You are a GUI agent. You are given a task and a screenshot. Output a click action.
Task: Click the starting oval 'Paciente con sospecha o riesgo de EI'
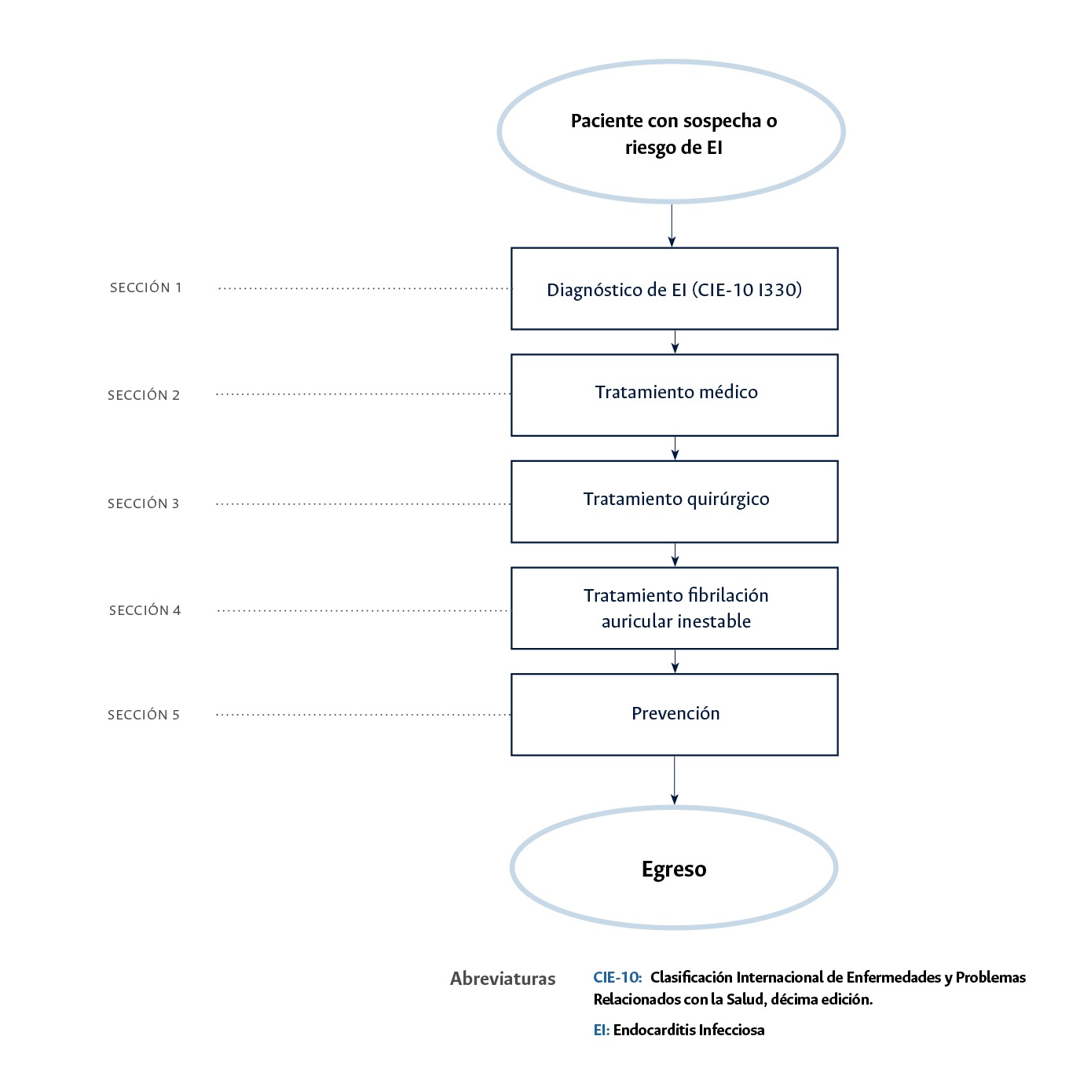(672, 132)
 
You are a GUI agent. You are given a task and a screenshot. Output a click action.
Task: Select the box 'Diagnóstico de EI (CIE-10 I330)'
(674, 289)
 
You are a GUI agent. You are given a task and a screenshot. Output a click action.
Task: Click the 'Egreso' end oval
(674, 868)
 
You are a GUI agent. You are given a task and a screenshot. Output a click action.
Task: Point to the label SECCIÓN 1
(146, 287)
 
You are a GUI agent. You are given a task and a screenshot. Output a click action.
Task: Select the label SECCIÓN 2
(144, 395)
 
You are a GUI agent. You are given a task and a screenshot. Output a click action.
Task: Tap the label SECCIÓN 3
(144, 503)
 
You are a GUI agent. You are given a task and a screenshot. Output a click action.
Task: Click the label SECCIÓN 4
(145, 610)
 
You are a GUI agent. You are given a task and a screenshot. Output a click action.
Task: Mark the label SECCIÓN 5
(144, 715)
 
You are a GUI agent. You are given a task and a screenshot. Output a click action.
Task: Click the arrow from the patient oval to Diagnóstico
(672, 226)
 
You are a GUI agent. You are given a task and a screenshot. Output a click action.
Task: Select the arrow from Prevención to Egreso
(674, 780)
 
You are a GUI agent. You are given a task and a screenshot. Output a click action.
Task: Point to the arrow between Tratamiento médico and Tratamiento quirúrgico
(675, 448)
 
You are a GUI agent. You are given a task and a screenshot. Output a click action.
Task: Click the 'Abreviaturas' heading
(503, 979)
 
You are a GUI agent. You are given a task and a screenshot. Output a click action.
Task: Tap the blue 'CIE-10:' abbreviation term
(617, 977)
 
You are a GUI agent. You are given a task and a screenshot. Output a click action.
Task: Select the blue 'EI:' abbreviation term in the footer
(601, 1030)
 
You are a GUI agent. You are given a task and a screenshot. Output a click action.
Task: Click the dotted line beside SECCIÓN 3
(363, 503)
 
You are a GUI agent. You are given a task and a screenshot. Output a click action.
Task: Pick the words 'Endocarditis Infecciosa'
(689, 1030)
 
